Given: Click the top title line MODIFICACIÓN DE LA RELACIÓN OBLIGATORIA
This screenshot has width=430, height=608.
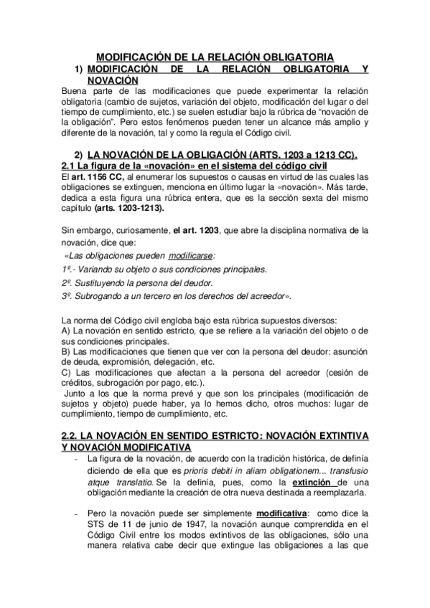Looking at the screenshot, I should click(215, 57).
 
